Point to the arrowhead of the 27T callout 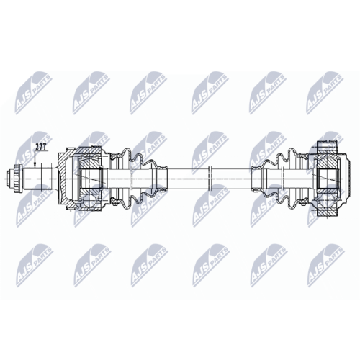[x=35, y=166]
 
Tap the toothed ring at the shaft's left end [x=19, y=179]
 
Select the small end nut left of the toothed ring [x=11, y=179]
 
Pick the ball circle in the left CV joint [x=89, y=200]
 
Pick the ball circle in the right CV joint [x=327, y=200]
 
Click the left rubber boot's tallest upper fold [x=126, y=156]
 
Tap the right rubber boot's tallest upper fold [x=292, y=156]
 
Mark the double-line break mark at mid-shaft [x=210, y=179]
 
